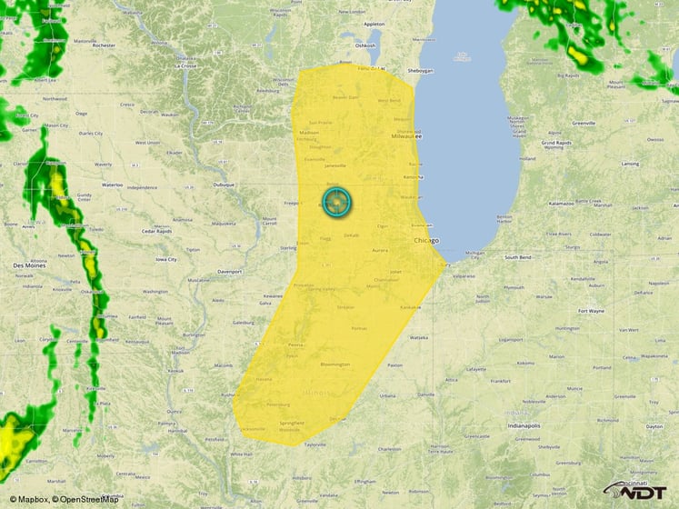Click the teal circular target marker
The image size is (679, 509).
336,202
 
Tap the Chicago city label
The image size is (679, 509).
425,241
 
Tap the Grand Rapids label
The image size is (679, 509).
555,143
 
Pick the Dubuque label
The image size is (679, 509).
224,185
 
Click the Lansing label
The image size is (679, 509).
629,164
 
